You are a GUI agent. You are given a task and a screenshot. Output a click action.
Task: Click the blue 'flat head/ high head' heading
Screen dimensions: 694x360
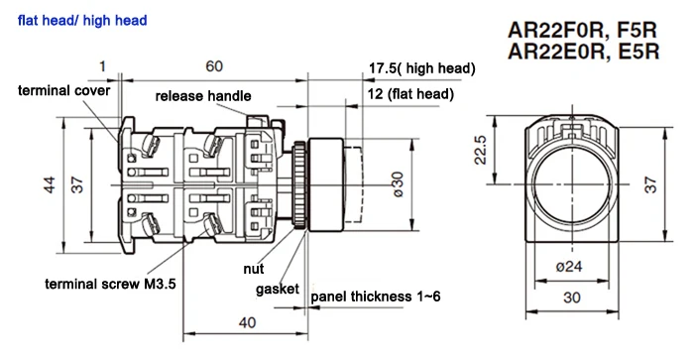tap(82, 21)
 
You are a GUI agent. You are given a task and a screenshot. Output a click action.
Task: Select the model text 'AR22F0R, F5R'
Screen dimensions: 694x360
tap(583, 30)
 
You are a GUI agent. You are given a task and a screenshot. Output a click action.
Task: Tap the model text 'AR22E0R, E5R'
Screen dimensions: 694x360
tap(584, 51)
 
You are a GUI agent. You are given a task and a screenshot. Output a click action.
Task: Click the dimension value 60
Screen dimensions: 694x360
tap(214, 66)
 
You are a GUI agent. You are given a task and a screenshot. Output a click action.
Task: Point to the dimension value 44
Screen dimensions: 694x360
tap(50, 184)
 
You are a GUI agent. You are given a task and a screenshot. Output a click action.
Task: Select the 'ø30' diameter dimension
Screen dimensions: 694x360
tap(398, 184)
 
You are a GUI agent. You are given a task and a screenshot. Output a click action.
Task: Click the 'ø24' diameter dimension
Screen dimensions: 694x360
tap(569, 267)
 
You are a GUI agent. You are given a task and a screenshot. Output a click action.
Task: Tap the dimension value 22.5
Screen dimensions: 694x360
tap(481, 150)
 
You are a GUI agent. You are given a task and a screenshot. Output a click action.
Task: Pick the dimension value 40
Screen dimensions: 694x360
tap(248, 322)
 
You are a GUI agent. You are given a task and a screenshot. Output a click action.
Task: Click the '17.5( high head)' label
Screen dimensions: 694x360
tap(422, 68)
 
